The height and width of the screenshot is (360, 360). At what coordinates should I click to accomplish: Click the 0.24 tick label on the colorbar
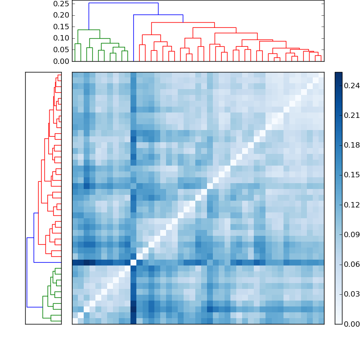pyautogui.click(x=351, y=85)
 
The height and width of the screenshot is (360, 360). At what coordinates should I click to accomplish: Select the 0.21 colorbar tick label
pyautogui.click(x=351, y=115)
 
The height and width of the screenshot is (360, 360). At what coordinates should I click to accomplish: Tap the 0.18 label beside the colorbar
pyautogui.click(x=351, y=145)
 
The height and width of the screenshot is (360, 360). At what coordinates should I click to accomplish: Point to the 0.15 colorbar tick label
pyautogui.click(x=351, y=175)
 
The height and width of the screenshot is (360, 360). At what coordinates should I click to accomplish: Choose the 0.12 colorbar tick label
pyautogui.click(x=351, y=205)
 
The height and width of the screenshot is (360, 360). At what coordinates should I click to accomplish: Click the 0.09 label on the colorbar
pyautogui.click(x=351, y=234)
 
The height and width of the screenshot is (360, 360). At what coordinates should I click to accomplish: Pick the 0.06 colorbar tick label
pyautogui.click(x=351, y=264)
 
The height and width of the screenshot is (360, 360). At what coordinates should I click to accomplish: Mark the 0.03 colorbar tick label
pyautogui.click(x=351, y=294)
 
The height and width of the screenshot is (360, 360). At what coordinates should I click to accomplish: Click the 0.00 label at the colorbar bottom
pyautogui.click(x=351, y=324)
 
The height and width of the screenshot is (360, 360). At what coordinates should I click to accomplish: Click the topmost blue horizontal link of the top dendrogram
pyautogui.click(x=123, y=3)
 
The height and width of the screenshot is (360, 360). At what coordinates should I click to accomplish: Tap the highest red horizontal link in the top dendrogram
pyautogui.click(x=183, y=22)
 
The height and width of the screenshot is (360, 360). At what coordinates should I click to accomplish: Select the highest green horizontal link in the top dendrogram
pyautogui.click(x=89, y=30)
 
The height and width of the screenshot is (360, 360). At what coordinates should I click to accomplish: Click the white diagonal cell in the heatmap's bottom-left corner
pyautogui.click(x=75, y=321)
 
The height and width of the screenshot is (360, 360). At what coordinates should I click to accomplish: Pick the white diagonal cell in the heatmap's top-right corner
pyautogui.click(x=321, y=75)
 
